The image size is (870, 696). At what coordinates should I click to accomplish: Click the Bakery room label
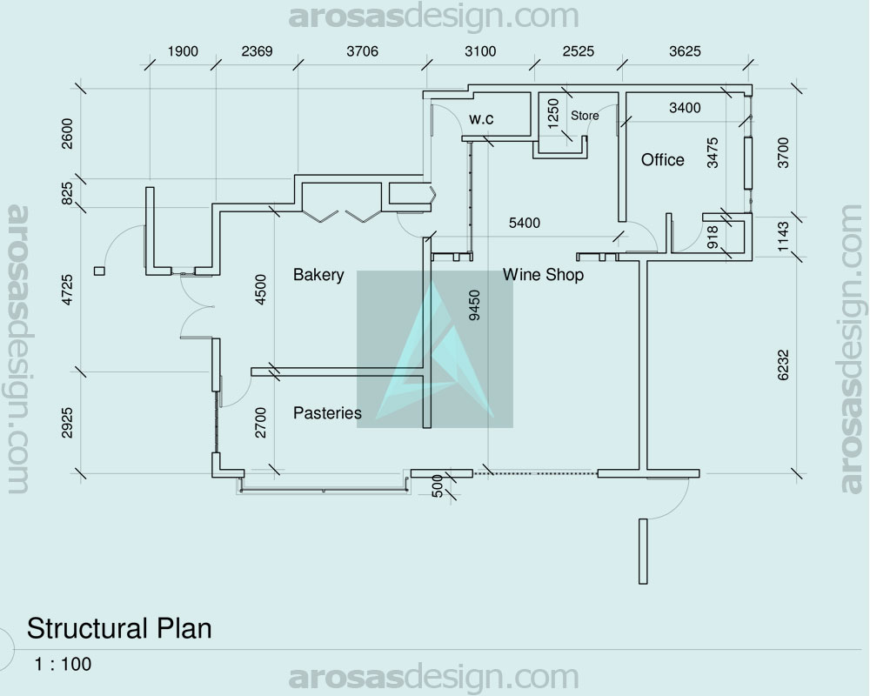pyautogui.click(x=318, y=275)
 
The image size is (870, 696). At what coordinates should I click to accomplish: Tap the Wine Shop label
pyautogui.click(x=543, y=275)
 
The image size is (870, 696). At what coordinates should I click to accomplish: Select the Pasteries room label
pyautogui.click(x=327, y=413)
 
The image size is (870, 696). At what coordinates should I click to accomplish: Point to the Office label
pyautogui.click(x=662, y=160)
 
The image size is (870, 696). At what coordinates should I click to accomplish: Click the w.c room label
pyautogui.click(x=481, y=119)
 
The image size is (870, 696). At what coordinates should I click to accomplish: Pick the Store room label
pyautogui.click(x=585, y=116)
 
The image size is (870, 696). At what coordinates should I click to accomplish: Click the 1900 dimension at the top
pyautogui.click(x=183, y=51)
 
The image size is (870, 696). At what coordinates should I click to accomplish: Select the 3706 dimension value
pyautogui.click(x=362, y=51)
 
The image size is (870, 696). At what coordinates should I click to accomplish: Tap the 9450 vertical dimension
pyautogui.click(x=474, y=305)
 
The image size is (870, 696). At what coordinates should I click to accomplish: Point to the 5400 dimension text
pyautogui.click(x=525, y=223)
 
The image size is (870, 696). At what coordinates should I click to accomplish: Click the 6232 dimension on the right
pyautogui.click(x=783, y=365)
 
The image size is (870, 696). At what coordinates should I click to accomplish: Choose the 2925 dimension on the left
pyautogui.click(x=67, y=423)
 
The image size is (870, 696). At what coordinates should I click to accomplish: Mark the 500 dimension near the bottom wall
pyautogui.click(x=438, y=485)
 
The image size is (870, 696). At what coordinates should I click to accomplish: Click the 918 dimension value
pyautogui.click(x=713, y=237)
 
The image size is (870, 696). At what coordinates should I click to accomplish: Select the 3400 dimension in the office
pyautogui.click(x=685, y=108)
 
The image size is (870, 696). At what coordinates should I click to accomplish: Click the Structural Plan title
pyautogui.click(x=119, y=629)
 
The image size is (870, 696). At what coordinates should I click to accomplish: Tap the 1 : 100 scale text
pyautogui.click(x=63, y=664)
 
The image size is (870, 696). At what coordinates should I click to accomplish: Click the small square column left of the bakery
pyautogui.click(x=99, y=271)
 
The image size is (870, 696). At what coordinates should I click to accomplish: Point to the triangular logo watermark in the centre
pyautogui.click(x=434, y=350)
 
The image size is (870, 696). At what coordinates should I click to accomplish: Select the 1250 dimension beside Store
pyautogui.click(x=553, y=114)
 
